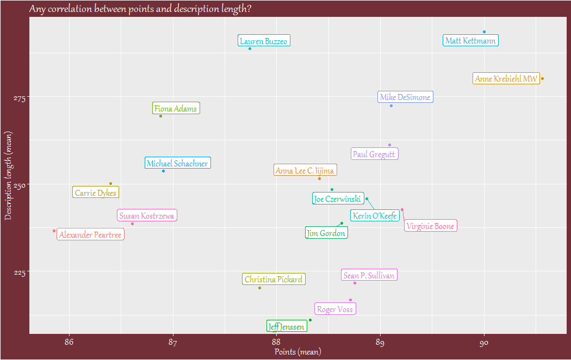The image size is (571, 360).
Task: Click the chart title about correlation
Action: tap(140, 9)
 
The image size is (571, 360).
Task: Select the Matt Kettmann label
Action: tap(470, 41)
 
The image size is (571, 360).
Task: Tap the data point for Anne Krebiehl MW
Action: tap(542, 78)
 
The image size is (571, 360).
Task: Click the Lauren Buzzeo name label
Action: tap(264, 41)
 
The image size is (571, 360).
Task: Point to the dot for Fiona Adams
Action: tap(160, 116)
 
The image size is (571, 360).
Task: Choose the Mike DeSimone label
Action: tap(405, 97)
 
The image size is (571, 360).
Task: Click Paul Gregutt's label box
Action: tap(375, 154)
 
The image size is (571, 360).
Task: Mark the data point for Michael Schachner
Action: tap(163, 171)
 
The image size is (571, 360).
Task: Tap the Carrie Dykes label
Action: tap(96, 193)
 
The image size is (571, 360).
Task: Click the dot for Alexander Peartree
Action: tap(54, 231)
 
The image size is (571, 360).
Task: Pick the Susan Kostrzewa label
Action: tap(147, 216)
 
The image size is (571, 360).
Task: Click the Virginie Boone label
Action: tap(430, 226)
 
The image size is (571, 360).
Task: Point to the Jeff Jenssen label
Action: tap(286, 327)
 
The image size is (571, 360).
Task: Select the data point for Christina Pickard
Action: tap(259, 288)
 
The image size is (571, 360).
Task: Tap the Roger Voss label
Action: tap(335, 309)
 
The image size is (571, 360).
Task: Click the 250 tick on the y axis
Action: tap(18, 185)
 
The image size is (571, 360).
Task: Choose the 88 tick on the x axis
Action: tap(276, 342)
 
